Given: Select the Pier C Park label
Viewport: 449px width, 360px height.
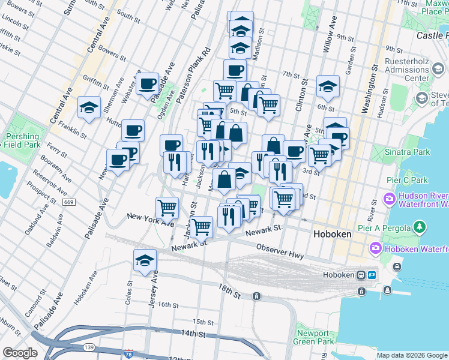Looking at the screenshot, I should click(x=406, y=180).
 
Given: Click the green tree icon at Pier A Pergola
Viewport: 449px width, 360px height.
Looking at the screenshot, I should click(x=420, y=227).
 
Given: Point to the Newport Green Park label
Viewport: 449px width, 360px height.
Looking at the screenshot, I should click(x=313, y=338).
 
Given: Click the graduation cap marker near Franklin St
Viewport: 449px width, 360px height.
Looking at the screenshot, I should click(x=89, y=108).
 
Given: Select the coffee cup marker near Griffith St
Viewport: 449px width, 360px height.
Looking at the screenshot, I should click(x=147, y=85).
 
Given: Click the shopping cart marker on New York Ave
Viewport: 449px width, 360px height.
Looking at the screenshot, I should click(x=167, y=208).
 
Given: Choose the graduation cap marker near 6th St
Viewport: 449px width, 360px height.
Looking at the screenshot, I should click(x=328, y=87).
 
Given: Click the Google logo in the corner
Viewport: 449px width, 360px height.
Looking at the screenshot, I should click(x=20, y=353).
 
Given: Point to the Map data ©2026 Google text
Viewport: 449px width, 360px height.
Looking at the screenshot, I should click(x=412, y=355).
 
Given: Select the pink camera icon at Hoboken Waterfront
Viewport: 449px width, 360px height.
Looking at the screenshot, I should click(x=376, y=247).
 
